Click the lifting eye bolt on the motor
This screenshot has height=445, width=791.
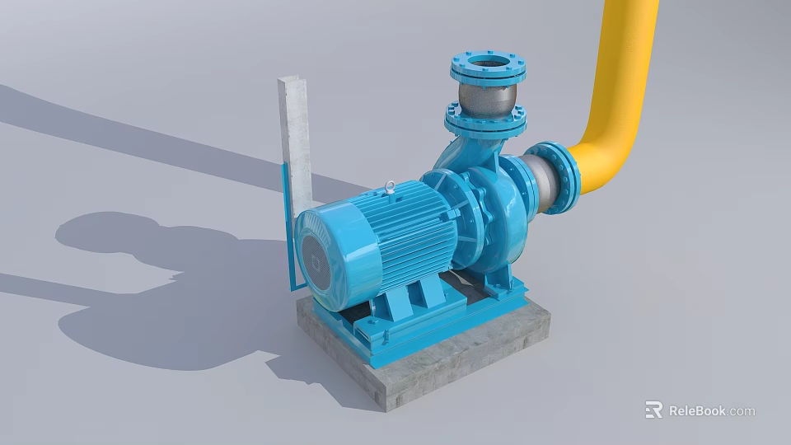click(388, 192)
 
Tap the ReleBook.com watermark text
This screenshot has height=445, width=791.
click(711, 410)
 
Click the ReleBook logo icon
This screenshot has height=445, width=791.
click(653, 410)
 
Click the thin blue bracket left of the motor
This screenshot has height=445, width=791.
click(289, 231)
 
